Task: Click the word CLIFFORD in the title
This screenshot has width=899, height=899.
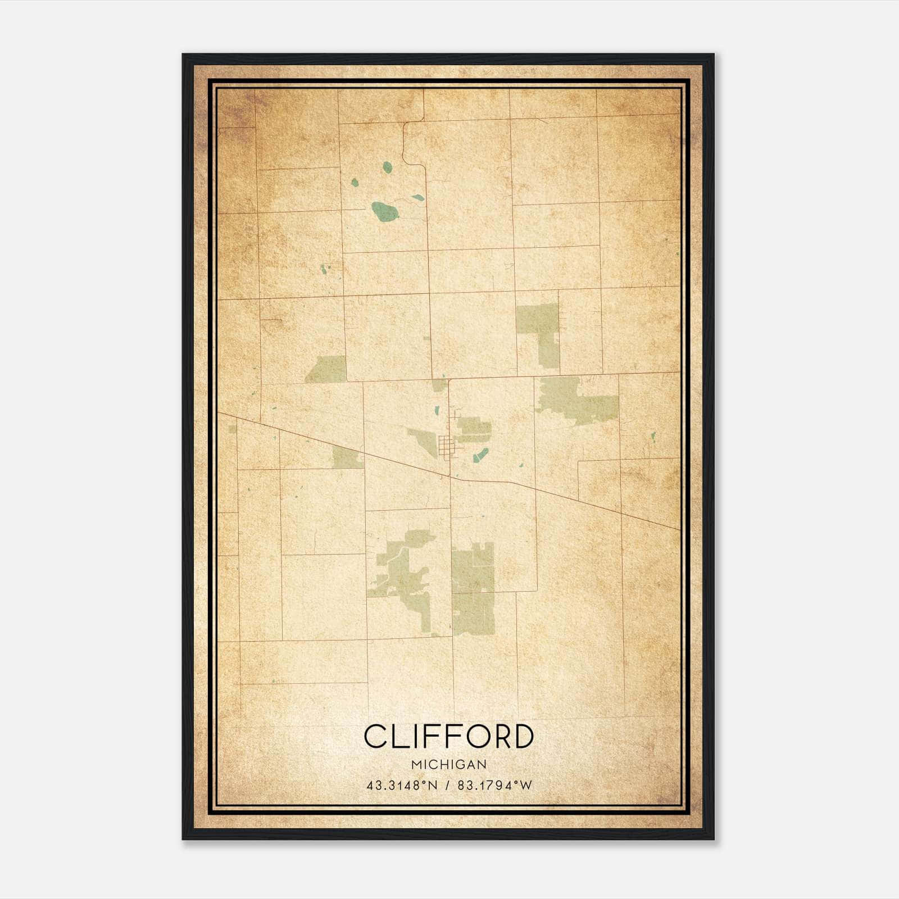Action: tap(448, 736)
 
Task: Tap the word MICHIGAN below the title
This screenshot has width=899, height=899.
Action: tap(448, 765)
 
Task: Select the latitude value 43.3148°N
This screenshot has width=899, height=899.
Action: tap(402, 786)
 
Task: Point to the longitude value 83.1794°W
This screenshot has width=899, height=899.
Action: tap(494, 786)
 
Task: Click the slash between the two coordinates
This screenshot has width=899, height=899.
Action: tap(447, 786)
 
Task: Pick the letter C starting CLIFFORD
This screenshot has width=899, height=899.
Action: tap(375, 736)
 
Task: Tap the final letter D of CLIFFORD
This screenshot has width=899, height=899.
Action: tap(522, 736)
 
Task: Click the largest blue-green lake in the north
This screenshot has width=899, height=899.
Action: tap(385, 212)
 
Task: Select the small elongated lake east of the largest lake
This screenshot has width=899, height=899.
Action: tap(417, 198)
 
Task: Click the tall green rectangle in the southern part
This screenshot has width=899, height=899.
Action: tap(473, 590)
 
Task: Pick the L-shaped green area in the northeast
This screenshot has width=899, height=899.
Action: tap(538, 332)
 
